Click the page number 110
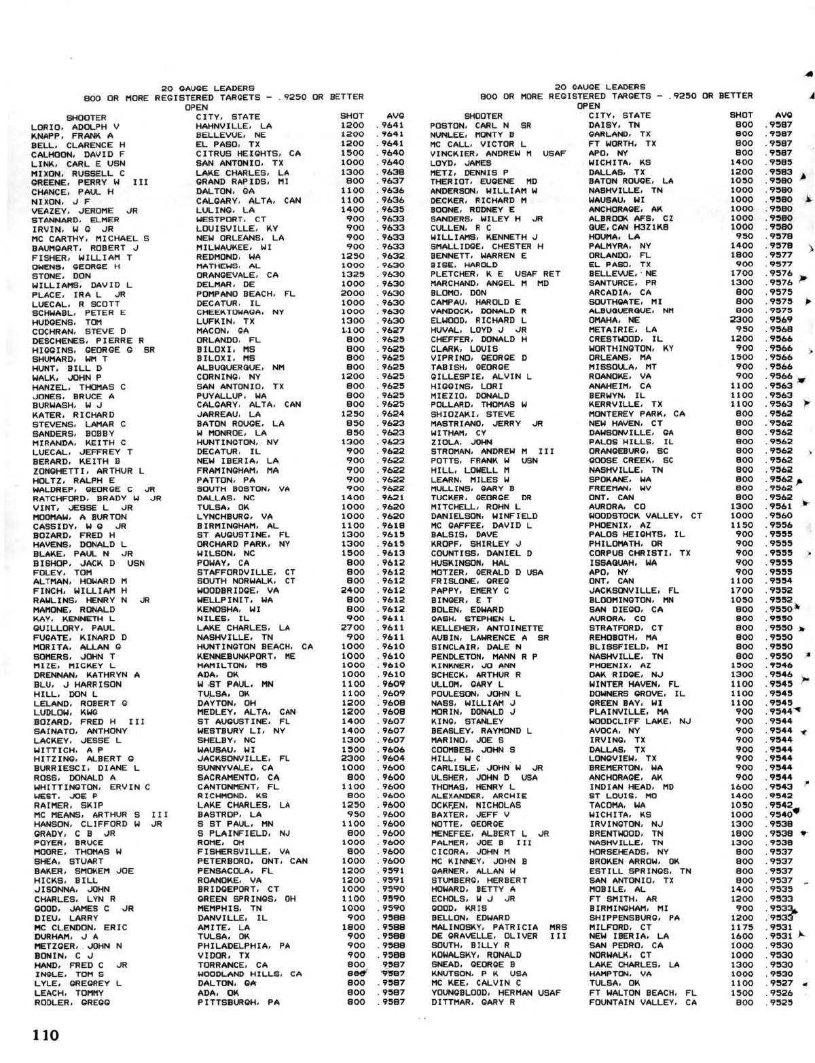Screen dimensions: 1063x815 click(43, 1035)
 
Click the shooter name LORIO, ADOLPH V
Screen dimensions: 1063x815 click(75, 126)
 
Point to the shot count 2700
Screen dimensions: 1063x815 click(352, 628)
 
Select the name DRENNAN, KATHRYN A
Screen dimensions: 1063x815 click(86, 675)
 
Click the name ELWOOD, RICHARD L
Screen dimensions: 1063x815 click(473, 320)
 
